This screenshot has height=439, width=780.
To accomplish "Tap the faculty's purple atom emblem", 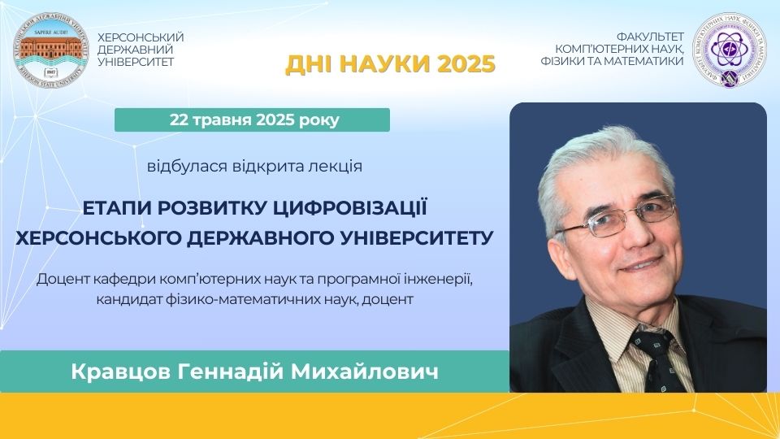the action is (730, 50).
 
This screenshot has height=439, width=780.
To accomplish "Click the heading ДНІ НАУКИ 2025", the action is (390, 63).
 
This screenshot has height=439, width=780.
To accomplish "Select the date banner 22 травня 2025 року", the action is (252, 120).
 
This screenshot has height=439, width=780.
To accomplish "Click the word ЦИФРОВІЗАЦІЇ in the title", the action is (351, 208).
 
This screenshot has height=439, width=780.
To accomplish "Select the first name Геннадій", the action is (230, 372).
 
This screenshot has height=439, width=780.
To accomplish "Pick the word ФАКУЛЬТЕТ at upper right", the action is (650, 37).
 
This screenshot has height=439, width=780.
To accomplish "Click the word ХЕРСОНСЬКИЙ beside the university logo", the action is (141, 38).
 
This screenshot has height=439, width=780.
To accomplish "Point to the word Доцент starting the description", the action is (59, 279).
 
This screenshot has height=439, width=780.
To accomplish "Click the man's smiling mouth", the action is (642, 264).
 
